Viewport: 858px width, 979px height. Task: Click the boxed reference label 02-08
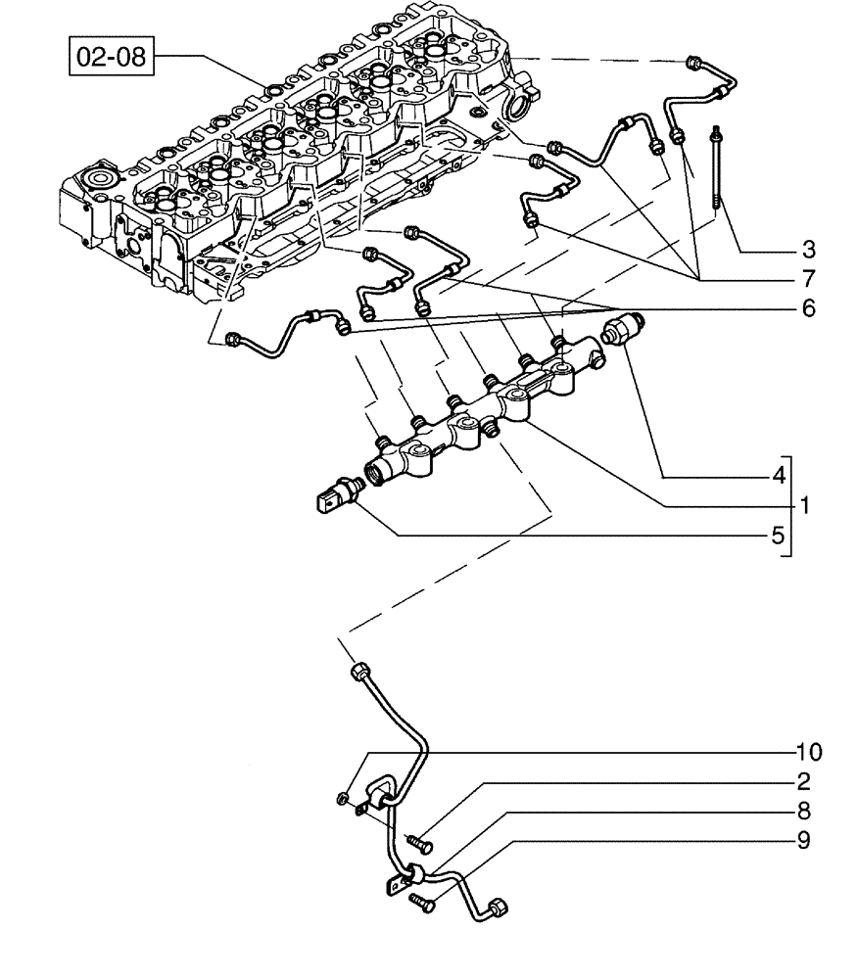coord(111,56)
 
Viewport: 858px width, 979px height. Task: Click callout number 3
coord(808,249)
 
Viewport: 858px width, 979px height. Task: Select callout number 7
coord(808,278)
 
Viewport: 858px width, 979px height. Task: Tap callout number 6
coord(808,307)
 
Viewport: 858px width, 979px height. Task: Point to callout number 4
coord(779,477)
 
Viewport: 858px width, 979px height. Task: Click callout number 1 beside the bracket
coord(805,506)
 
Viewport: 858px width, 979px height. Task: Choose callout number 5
coord(779,536)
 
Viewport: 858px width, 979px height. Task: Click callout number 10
coord(808,752)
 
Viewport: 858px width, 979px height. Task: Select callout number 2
coord(803,781)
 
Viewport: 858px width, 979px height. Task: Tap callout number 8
coord(803,811)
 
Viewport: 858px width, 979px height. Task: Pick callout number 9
coord(803,840)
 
